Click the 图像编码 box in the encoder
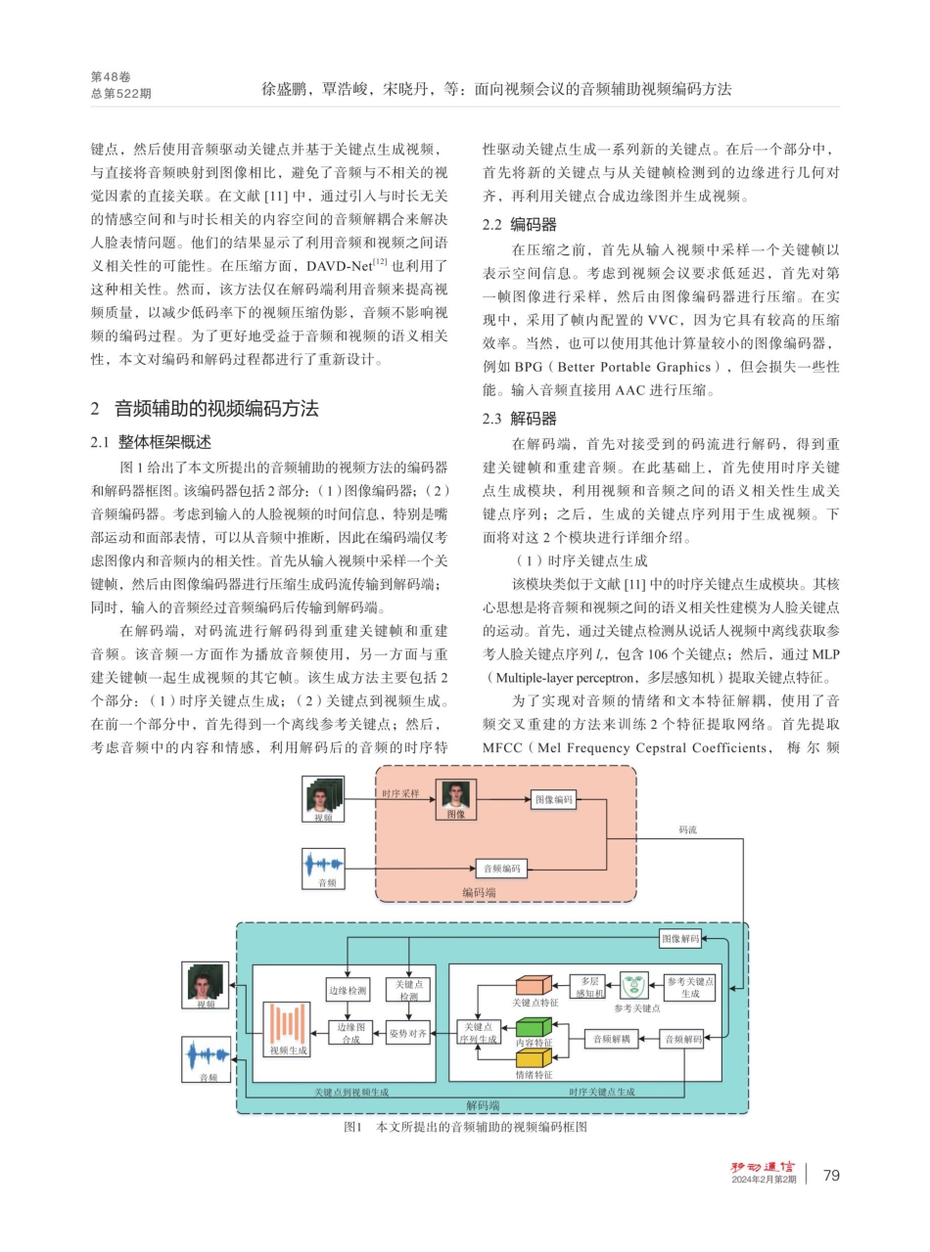553,799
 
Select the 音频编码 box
502,868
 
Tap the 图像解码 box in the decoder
680,939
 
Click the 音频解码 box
682,1040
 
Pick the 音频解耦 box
611,1040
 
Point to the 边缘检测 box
348,990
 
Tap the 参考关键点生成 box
689,986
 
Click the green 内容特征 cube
535,1027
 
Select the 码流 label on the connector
688,829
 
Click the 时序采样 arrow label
400,793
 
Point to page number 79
831,1175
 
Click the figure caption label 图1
353,1128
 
